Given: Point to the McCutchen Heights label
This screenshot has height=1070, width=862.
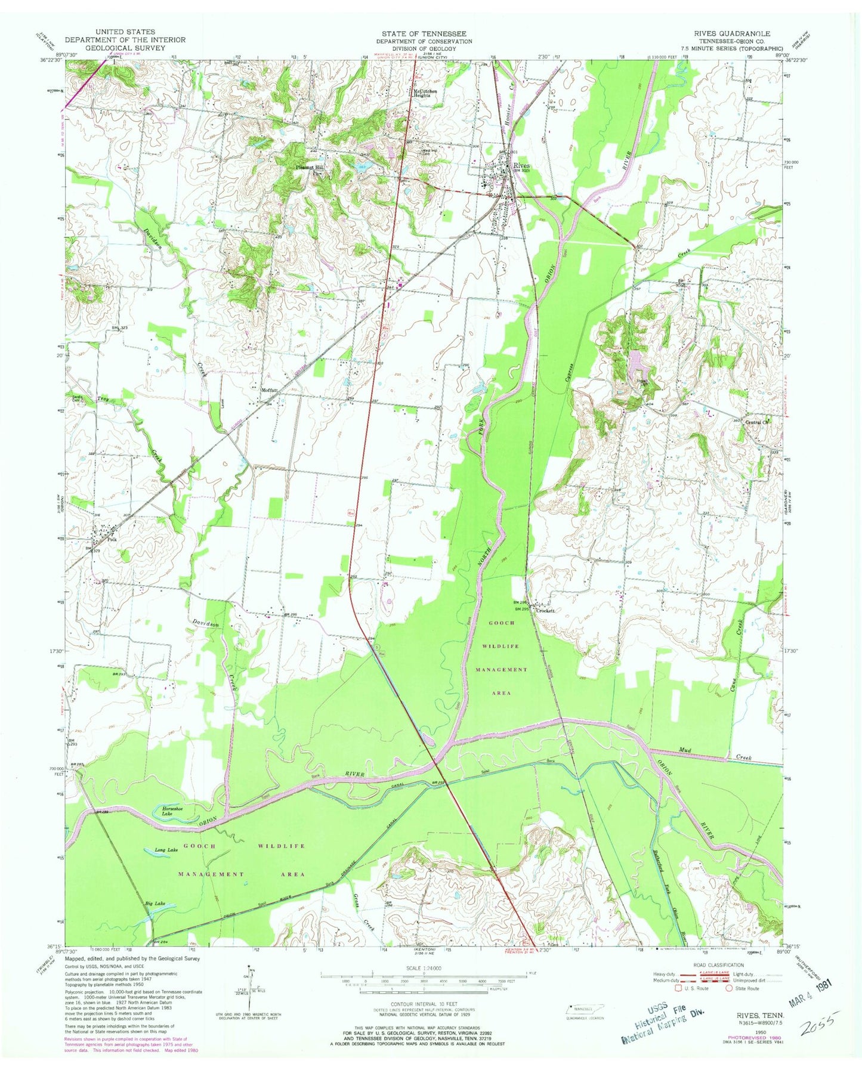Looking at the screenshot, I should (425, 93).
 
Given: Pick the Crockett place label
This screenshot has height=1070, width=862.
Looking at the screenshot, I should (545, 611).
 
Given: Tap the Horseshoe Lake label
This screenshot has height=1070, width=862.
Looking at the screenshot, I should (172, 812).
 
